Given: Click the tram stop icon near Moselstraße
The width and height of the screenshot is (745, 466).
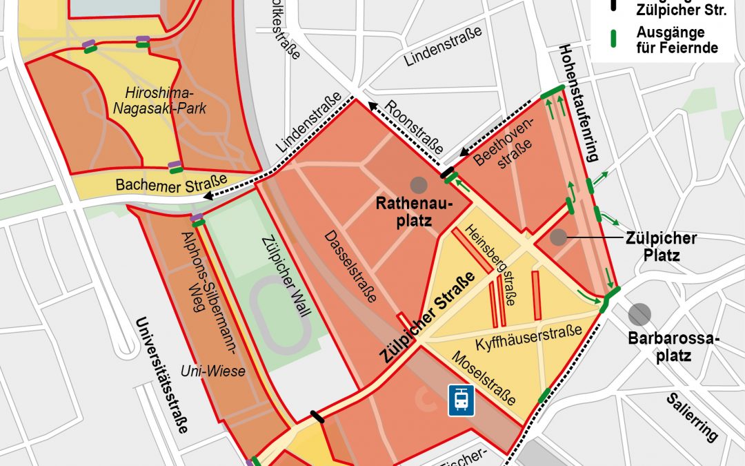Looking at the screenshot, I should [x=461, y=400].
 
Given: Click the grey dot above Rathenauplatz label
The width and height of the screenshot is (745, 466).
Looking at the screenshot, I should [x=418, y=184].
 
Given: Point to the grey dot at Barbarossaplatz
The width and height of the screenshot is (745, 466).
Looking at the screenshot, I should [x=639, y=314].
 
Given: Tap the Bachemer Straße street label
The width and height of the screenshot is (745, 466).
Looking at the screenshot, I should [x=171, y=184].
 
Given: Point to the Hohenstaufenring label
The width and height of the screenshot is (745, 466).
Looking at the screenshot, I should [x=577, y=104].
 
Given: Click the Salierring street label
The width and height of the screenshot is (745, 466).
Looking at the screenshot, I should [x=692, y=417].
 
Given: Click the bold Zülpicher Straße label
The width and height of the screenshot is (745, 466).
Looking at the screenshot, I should [x=428, y=318].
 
